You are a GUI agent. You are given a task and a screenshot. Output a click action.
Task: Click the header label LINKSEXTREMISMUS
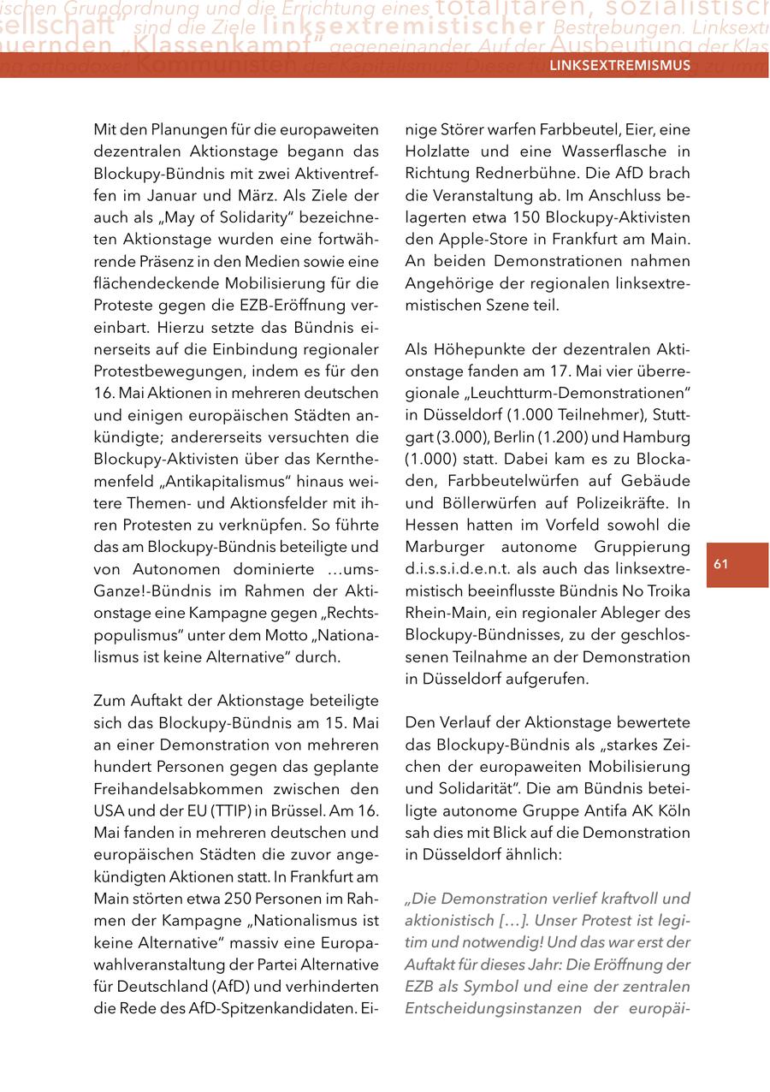tap(619, 65)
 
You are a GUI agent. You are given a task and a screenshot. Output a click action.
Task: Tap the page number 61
tap(720, 564)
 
